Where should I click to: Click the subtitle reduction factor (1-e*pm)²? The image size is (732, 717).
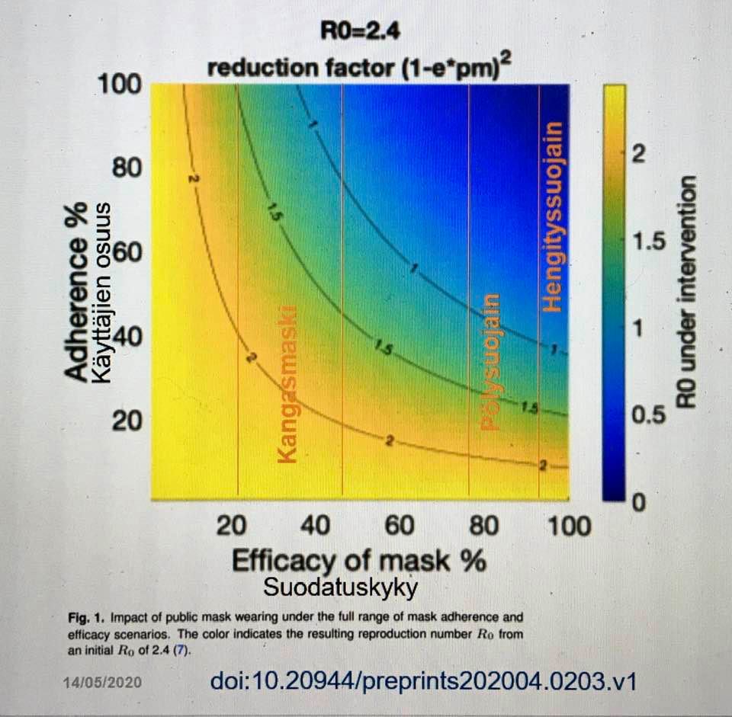[358, 68]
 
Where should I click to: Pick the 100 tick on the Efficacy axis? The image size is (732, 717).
[568, 526]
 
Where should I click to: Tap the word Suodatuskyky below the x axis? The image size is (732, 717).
[341, 588]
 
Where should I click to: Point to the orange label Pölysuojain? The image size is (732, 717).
[491, 362]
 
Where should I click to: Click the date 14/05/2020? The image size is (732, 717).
[101, 682]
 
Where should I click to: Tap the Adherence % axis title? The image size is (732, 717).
[76, 305]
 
